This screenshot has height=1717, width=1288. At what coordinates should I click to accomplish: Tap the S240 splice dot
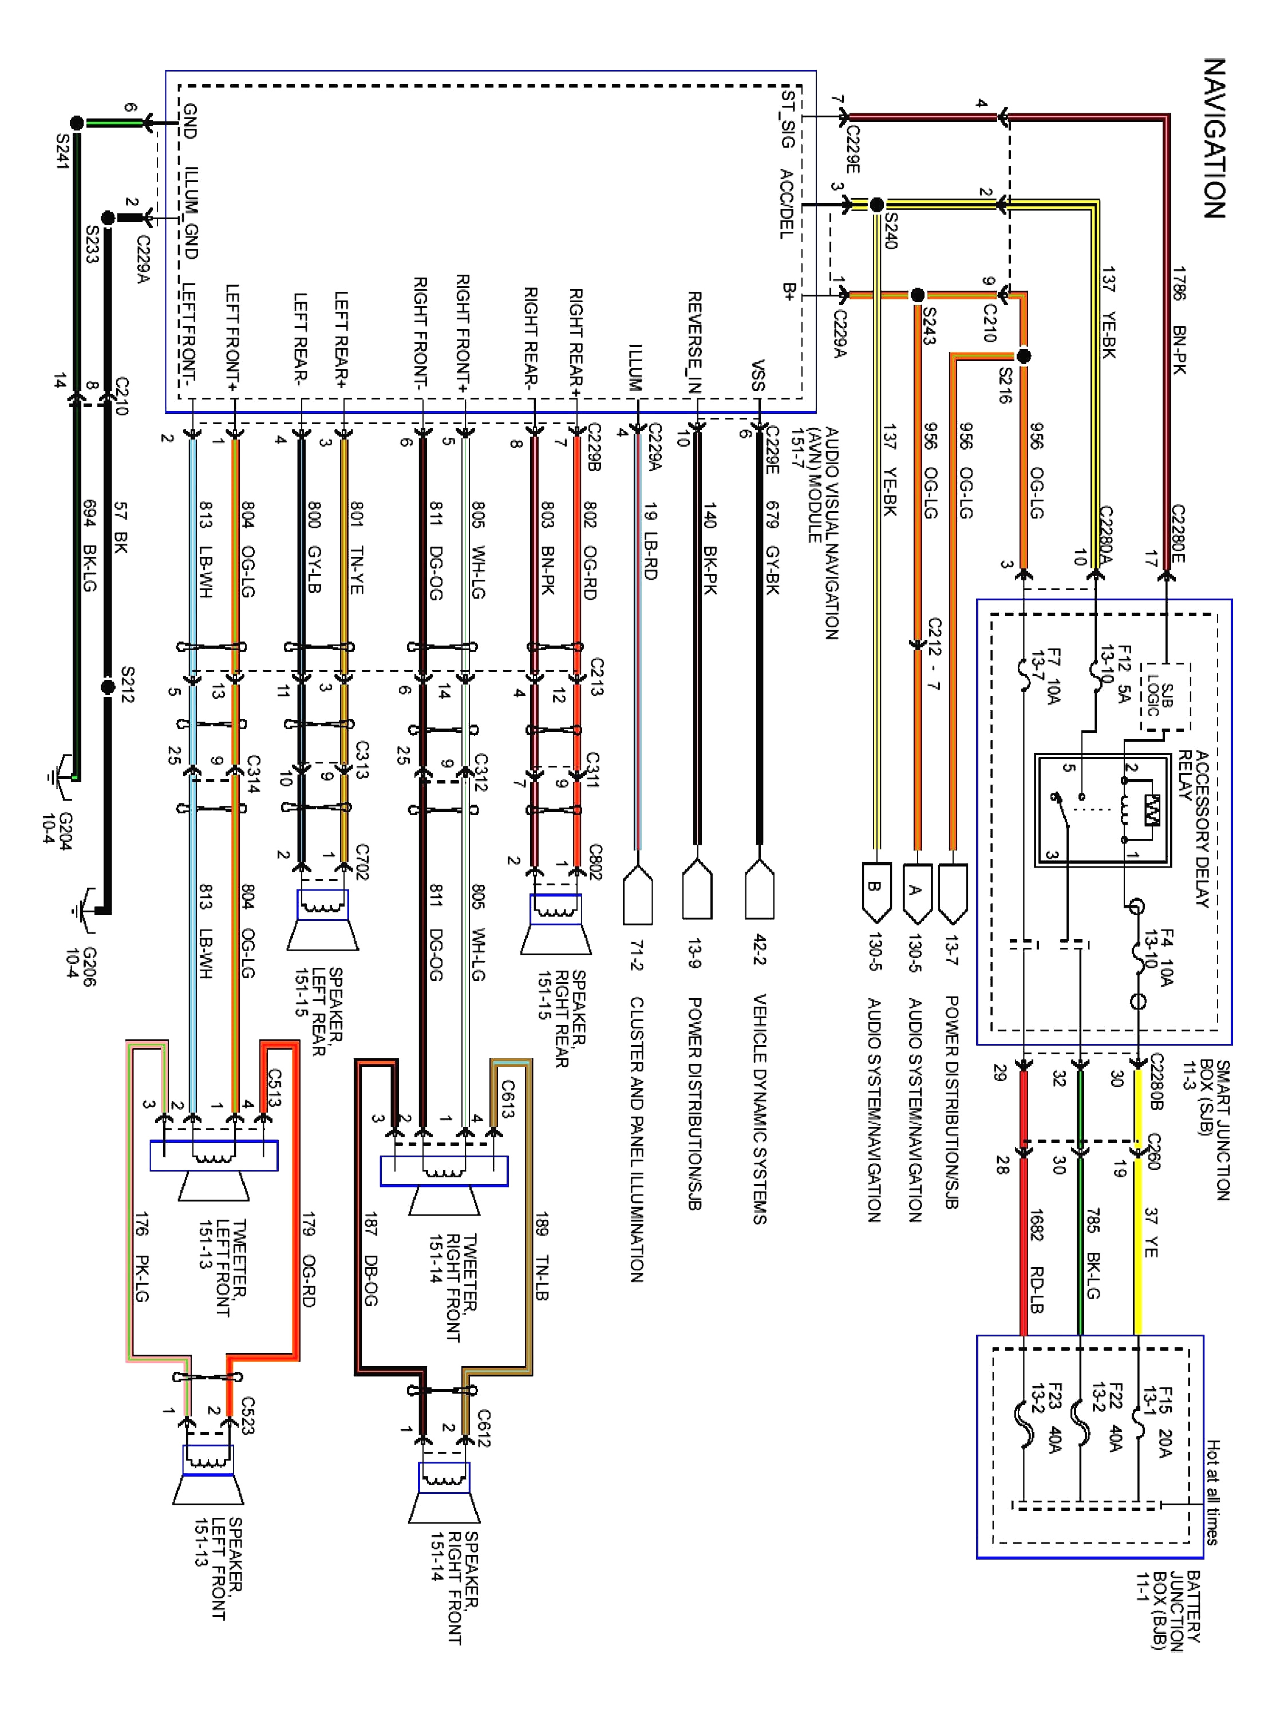pyautogui.click(x=876, y=205)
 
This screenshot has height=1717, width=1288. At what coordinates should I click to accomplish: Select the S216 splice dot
pyautogui.click(x=1024, y=357)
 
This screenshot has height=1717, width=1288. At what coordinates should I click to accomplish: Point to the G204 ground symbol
pyautogui.click(x=56, y=776)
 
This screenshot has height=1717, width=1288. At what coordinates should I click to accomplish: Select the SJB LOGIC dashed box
pyautogui.click(x=1164, y=697)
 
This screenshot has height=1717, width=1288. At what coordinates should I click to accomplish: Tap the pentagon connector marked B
pyautogui.click(x=874, y=889)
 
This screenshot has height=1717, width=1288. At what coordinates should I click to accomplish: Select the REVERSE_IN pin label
pyautogui.click(x=695, y=342)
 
